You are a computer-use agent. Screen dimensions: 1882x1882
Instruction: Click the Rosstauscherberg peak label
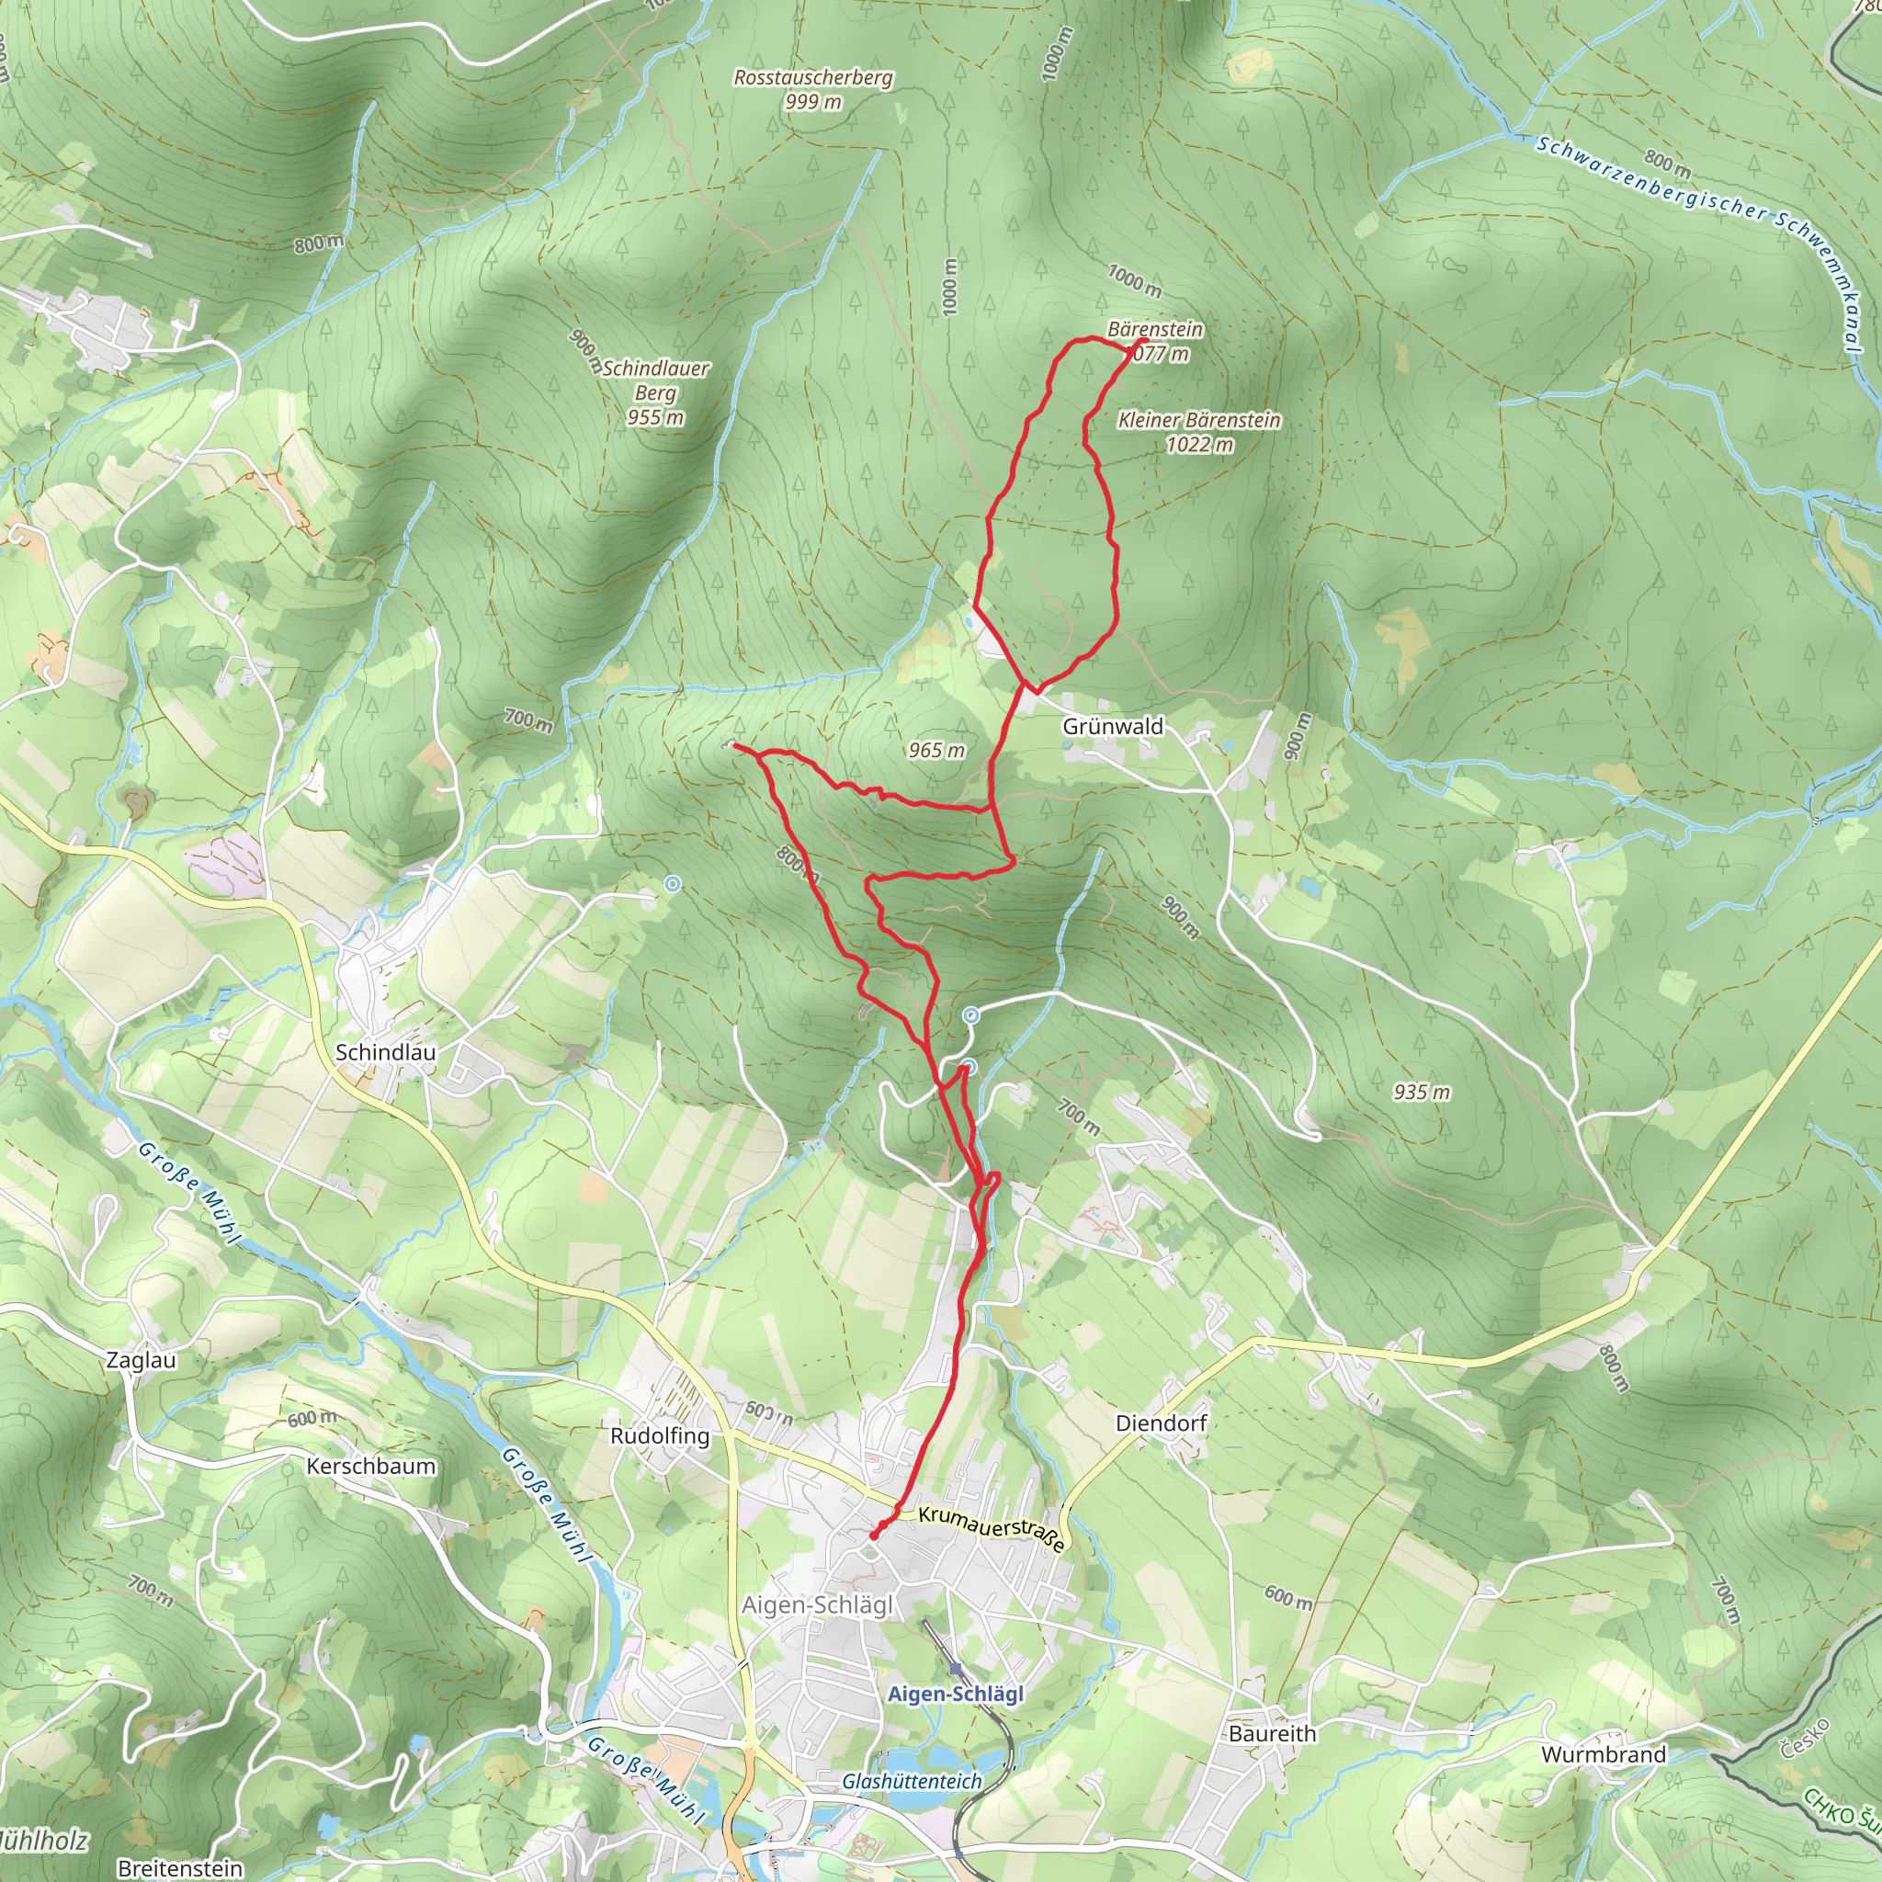pyautogui.click(x=813, y=78)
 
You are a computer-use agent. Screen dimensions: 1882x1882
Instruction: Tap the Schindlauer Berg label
pyautogui.click(x=655, y=392)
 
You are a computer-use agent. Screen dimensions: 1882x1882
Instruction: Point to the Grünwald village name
pyautogui.click(x=1113, y=727)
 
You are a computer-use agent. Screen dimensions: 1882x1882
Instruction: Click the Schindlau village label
pyautogui.click(x=386, y=1053)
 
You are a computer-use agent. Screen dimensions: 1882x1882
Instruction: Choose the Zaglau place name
pyautogui.click(x=142, y=1361)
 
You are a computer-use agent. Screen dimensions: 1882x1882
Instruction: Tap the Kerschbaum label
pyautogui.click(x=371, y=1467)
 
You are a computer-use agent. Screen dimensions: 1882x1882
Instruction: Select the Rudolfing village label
pyautogui.click(x=660, y=1436)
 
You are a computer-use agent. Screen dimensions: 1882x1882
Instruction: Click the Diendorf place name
pyautogui.click(x=1162, y=1423)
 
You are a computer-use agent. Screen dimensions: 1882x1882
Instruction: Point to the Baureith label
pyautogui.click(x=1272, y=1734)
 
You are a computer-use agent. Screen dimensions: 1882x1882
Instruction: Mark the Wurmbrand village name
pyautogui.click(x=1604, y=1754)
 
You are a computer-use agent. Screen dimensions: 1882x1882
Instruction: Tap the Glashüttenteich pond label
pyautogui.click(x=912, y=1782)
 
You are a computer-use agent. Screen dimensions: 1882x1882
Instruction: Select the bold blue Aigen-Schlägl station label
pyautogui.click(x=955, y=1694)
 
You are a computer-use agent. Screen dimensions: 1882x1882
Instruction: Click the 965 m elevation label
pyautogui.click(x=936, y=750)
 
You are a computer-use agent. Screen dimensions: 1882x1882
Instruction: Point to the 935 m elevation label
pyautogui.click(x=1422, y=1092)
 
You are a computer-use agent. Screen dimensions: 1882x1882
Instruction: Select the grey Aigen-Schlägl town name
pyautogui.click(x=817, y=1605)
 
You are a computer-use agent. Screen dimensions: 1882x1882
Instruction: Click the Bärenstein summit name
pyautogui.click(x=1155, y=329)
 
